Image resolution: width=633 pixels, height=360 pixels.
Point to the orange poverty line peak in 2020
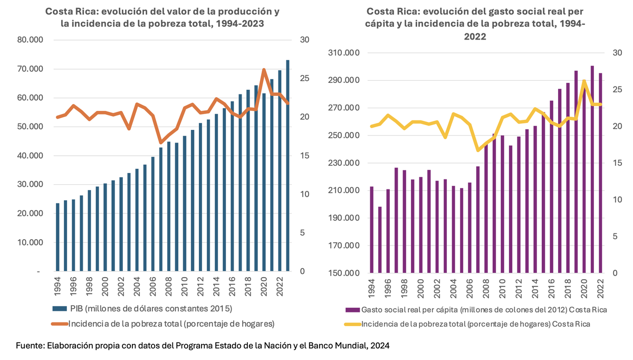click(x=264, y=70)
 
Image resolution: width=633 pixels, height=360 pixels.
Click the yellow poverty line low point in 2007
click(x=478, y=150)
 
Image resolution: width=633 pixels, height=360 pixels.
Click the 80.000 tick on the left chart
click(x=30, y=40)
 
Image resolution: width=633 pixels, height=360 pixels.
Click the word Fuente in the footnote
click(x=30, y=345)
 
